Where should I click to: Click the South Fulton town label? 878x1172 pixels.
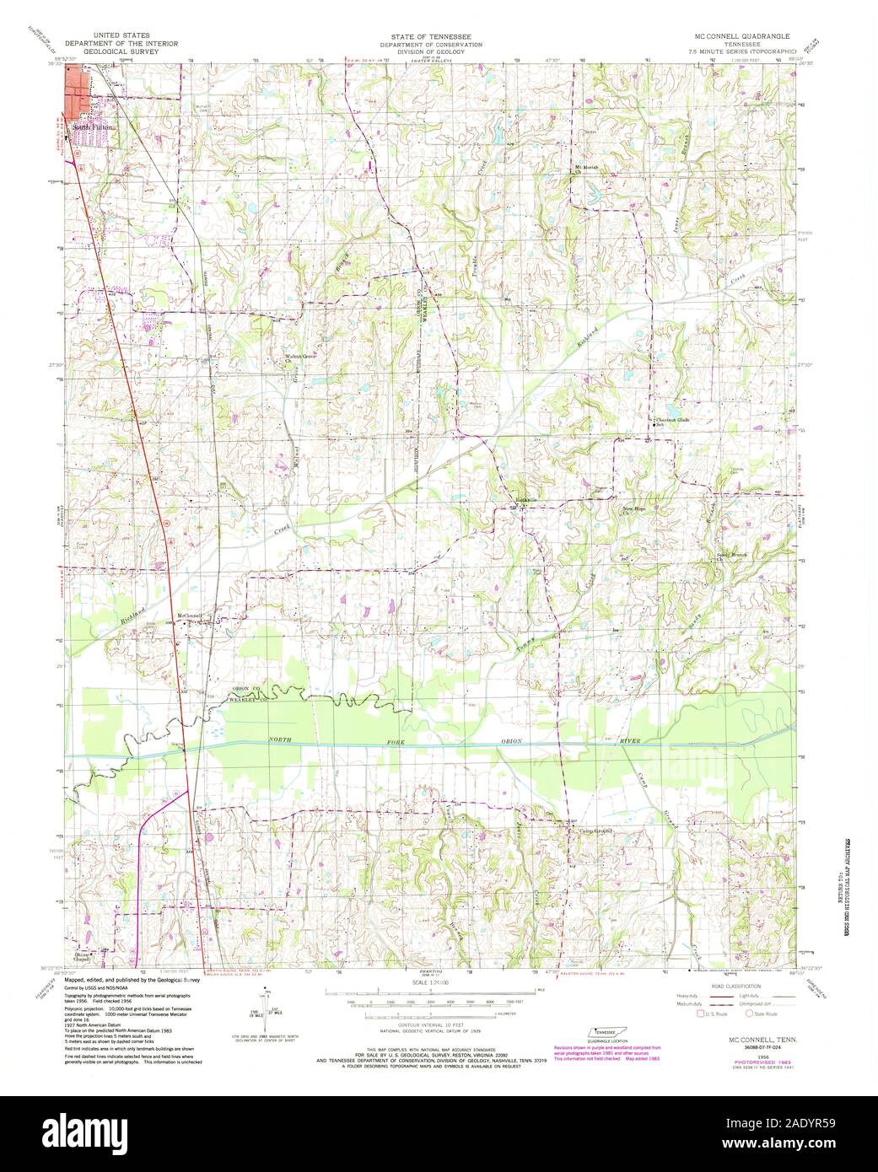pyautogui.click(x=91, y=127)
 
